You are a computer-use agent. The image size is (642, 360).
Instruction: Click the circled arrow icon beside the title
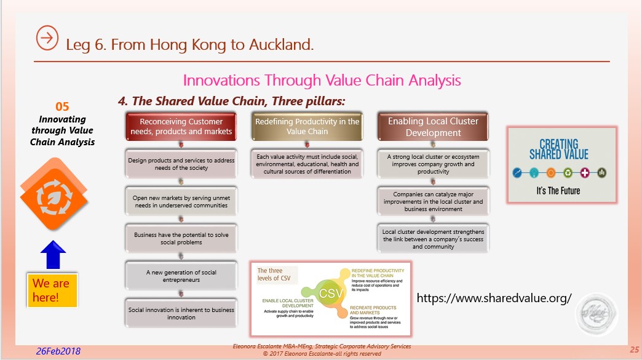point(47,38)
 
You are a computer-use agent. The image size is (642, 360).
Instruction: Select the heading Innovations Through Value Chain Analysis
point(322,81)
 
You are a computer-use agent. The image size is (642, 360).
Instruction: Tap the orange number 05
point(62,106)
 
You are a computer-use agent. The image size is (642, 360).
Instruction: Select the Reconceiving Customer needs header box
point(181,127)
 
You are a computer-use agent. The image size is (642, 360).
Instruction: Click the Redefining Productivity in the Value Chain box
point(307,127)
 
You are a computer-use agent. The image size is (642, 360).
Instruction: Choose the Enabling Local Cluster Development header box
point(433,127)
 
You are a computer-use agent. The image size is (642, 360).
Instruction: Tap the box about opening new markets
point(181,201)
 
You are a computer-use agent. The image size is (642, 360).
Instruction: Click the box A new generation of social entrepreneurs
point(181,276)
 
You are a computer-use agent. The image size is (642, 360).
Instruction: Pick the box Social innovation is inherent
point(181,313)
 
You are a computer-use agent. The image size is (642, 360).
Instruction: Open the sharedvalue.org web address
point(494,298)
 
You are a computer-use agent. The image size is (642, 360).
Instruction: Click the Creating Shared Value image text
point(558,148)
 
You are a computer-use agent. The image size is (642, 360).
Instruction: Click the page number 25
point(634,350)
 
